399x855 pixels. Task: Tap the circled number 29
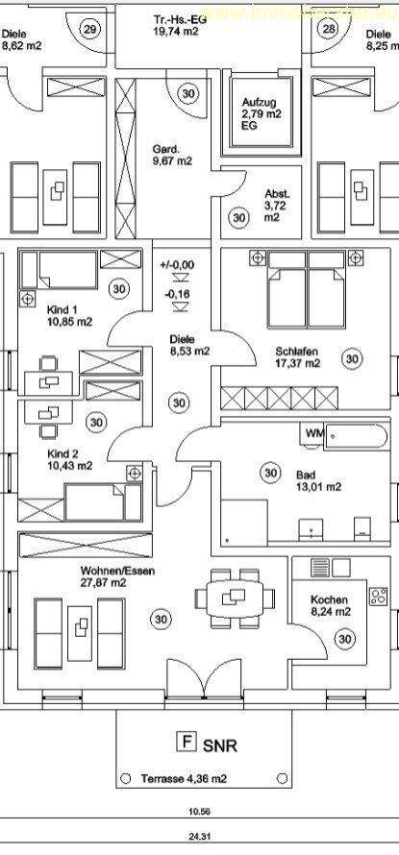coord(91,29)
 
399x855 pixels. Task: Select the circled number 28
coord(329,30)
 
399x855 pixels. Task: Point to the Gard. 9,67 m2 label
coord(171,155)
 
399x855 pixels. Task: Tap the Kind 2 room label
coord(68,458)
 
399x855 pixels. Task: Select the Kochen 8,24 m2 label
coord(329,606)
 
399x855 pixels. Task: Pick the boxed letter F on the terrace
coord(179,741)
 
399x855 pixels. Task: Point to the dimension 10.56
coord(198,811)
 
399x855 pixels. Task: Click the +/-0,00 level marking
coord(177,263)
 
